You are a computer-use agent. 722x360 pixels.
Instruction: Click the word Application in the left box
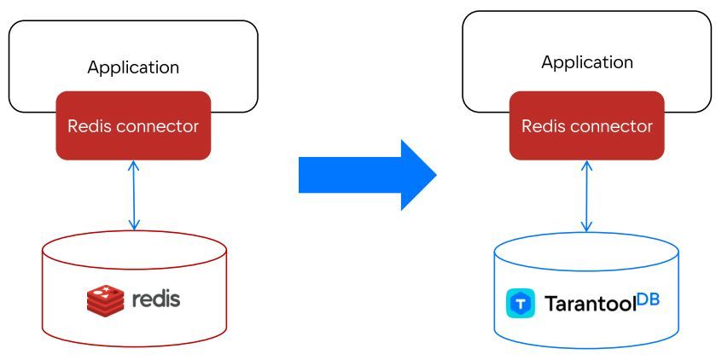[133, 67]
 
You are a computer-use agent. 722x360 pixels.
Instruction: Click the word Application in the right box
[587, 62]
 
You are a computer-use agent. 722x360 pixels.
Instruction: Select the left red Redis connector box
[133, 125]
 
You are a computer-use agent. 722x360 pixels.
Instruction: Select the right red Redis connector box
[587, 125]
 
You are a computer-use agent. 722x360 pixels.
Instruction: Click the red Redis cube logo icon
[105, 299]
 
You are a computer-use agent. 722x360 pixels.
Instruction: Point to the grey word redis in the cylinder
[156, 299]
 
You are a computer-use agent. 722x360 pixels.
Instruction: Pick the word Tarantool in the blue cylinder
[590, 305]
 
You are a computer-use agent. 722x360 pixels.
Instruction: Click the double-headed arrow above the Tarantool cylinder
[586, 195]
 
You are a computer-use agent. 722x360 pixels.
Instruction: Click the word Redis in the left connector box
[88, 126]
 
